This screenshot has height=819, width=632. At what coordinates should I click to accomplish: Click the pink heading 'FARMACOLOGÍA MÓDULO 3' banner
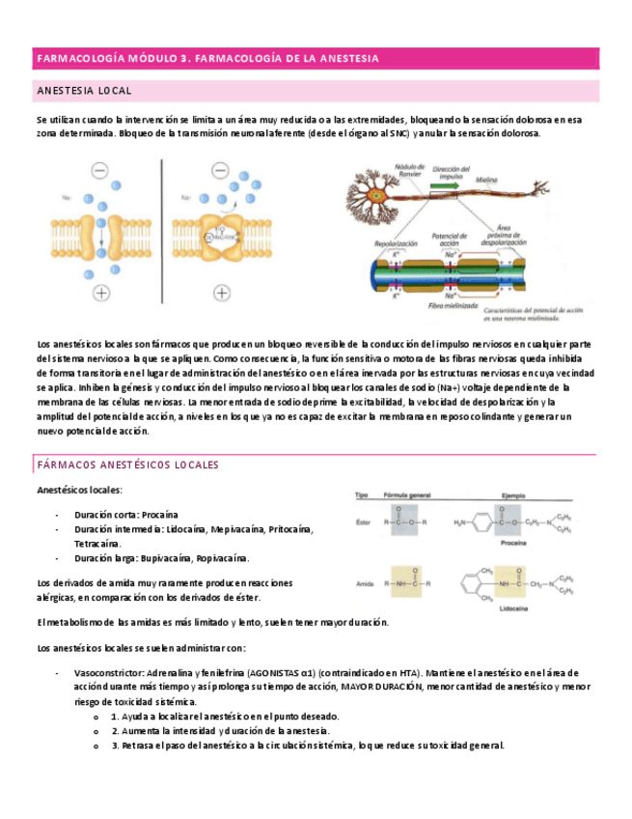click(206, 59)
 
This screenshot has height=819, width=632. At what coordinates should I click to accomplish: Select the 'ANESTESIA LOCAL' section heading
click(84, 91)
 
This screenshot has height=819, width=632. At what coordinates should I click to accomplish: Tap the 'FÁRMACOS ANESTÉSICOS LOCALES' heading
click(127, 465)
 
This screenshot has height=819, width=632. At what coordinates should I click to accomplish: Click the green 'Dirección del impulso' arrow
click(450, 179)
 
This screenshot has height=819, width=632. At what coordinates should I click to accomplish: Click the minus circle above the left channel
click(100, 171)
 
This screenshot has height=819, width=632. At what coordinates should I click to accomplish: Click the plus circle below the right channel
click(221, 293)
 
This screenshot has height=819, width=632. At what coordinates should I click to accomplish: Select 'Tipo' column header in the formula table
click(362, 494)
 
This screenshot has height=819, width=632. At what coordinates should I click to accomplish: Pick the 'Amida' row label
click(364, 582)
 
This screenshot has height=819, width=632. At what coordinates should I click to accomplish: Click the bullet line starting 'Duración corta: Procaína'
click(126, 515)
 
